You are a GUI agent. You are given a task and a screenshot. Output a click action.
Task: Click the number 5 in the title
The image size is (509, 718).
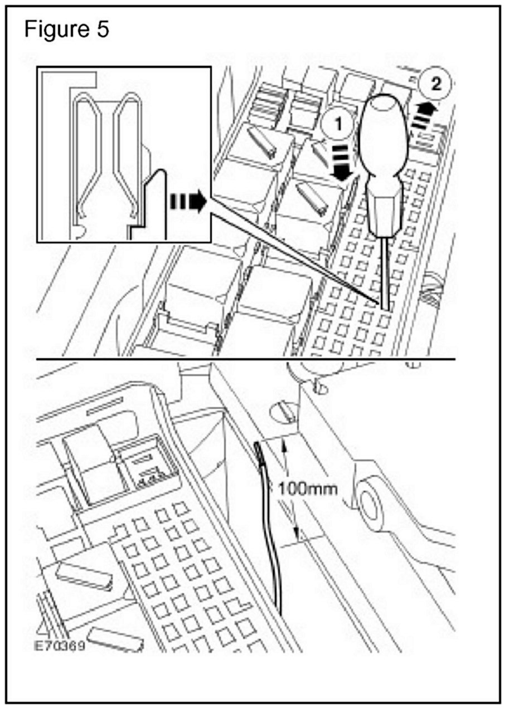pyautogui.click(x=102, y=30)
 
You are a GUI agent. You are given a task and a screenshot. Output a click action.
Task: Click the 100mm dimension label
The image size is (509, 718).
pyautogui.click(x=308, y=489)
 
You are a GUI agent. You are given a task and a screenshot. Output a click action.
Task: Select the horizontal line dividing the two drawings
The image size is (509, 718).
pyautogui.click(x=245, y=359)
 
